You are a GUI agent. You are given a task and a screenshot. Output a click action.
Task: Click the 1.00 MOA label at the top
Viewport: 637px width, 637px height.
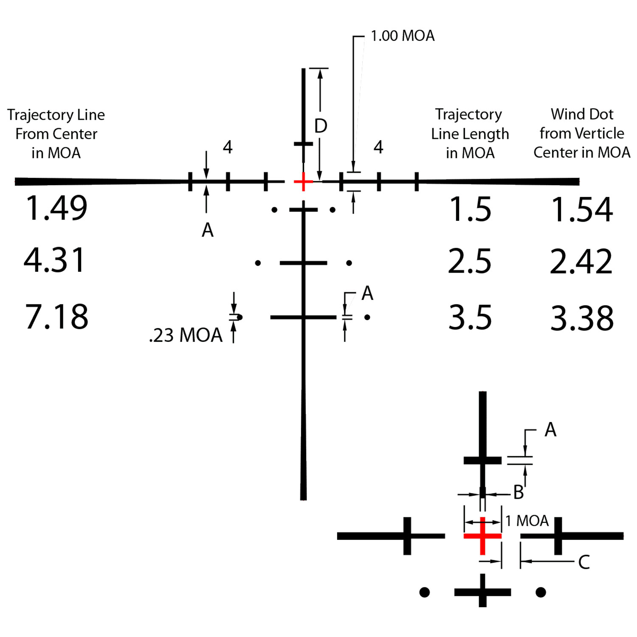403,36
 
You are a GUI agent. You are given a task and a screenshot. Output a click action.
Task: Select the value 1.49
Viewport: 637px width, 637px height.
56,208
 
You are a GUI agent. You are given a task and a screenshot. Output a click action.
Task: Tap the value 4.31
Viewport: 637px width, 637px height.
55,260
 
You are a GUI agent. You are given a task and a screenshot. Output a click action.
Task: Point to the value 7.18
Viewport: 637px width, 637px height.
56,316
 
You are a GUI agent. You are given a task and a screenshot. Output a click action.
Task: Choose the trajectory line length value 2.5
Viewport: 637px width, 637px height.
470,261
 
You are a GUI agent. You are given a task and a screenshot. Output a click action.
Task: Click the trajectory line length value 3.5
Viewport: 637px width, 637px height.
470,317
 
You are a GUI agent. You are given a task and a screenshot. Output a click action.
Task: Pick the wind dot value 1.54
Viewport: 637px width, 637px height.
582,209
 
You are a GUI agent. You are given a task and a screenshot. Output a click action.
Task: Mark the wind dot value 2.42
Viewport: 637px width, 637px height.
581,261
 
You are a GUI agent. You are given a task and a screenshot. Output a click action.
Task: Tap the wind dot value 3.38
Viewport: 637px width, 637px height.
582,318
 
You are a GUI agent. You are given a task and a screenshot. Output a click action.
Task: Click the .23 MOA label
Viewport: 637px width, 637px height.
186,335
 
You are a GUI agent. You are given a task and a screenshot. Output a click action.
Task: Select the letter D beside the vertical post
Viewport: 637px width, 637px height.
321,126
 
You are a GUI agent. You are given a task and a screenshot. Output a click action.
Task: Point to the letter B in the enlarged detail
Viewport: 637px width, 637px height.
519,493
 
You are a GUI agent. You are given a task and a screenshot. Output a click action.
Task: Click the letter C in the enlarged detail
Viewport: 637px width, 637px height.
584,562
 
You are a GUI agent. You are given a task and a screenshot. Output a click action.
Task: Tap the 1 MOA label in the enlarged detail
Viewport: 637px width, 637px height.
527,521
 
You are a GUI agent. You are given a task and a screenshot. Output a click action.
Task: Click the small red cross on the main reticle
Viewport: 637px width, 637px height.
303,182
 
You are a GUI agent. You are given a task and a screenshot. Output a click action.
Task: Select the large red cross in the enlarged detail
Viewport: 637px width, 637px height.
482,536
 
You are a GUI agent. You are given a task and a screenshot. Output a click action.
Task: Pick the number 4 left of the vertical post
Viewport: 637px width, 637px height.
228,147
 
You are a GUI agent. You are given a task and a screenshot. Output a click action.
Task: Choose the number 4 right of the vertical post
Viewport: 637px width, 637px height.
378,147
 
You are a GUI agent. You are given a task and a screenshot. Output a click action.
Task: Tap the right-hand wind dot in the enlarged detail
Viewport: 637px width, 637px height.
541,592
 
